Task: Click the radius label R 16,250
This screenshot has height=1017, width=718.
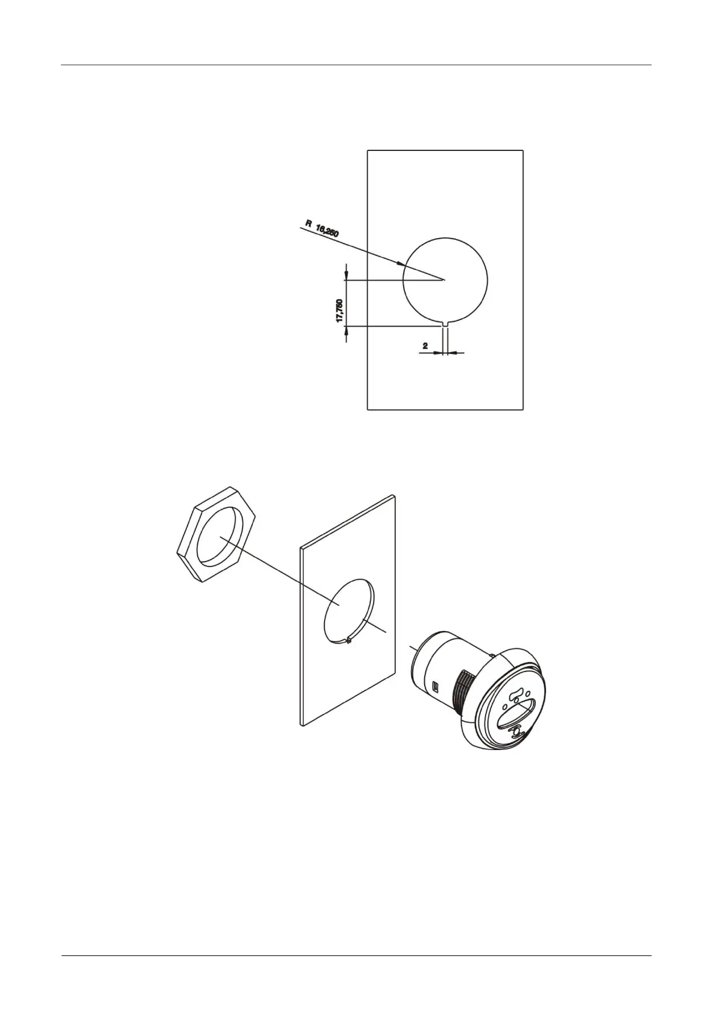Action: [322, 228]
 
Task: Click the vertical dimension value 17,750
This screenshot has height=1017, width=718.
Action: [340, 311]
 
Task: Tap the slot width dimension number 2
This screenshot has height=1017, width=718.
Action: [425, 346]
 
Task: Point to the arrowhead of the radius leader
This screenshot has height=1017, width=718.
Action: [401, 264]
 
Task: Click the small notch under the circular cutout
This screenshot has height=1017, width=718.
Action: [445, 323]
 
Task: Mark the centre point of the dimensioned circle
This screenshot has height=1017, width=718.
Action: [444, 280]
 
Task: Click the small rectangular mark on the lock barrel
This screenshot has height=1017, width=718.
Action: [436, 686]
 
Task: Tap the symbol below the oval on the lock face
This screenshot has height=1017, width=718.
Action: [516, 733]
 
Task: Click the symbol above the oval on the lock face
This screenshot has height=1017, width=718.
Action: [515, 695]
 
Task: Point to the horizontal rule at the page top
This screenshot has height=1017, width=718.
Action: [358, 65]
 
